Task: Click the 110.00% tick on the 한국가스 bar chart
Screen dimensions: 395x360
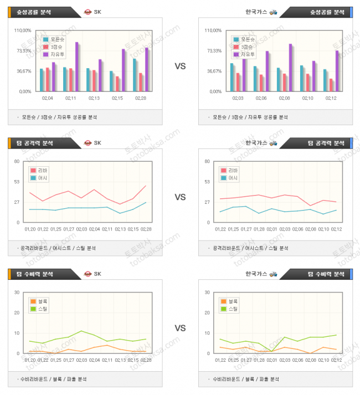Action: pos(213,30)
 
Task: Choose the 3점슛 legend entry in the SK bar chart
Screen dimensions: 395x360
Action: pos(58,47)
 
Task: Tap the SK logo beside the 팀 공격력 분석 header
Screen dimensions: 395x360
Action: pos(87,143)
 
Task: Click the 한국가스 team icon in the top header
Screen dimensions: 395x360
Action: pos(273,12)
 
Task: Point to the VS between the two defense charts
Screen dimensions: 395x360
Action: pos(180,328)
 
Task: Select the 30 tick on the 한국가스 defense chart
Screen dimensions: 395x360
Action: pos(207,293)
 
